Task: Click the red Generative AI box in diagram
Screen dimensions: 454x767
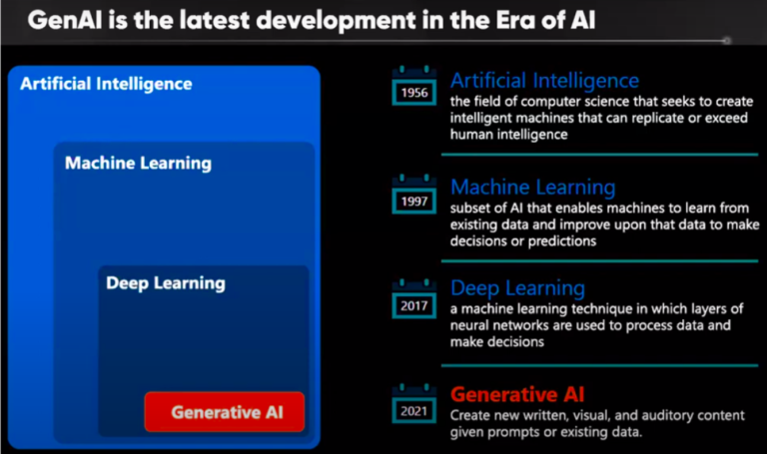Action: click(224, 412)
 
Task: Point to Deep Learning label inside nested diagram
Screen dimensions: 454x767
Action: click(166, 283)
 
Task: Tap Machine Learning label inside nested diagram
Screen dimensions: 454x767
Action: click(138, 163)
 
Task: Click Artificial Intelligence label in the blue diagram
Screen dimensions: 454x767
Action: click(106, 84)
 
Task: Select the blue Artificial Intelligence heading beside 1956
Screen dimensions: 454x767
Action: click(544, 81)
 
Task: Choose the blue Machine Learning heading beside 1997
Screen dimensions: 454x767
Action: click(533, 187)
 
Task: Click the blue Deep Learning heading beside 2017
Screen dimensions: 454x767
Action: click(517, 288)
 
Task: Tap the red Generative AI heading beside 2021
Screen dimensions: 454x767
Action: click(517, 394)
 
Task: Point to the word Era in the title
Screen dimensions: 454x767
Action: click(507, 20)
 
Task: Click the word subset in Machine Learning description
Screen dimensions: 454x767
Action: click(471, 208)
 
